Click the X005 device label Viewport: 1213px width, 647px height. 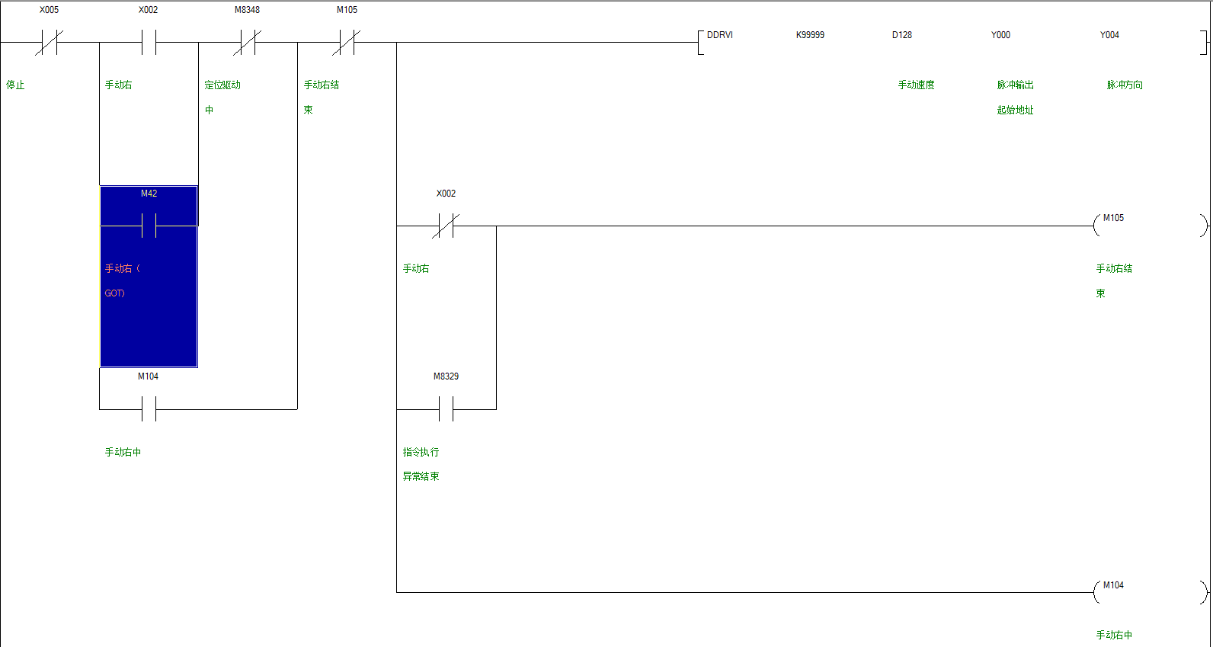(49, 10)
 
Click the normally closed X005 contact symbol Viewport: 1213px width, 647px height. (49, 43)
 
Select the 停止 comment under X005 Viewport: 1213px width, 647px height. (15, 85)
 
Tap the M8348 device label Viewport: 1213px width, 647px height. (247, 10)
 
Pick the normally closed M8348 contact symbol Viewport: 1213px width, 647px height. (247, 43)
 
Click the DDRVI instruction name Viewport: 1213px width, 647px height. (719, 35)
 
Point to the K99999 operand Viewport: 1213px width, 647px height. (810, 35)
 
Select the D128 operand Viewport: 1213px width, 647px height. (902, 35)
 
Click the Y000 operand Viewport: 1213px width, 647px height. (1000, 35)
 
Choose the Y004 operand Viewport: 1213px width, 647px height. (1109, 35)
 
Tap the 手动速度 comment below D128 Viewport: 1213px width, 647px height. (916, 85)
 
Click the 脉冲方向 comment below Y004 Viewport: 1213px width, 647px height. (1125, 85)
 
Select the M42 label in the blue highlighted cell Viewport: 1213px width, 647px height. (149, 194)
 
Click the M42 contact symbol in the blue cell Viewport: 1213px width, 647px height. (149, 226)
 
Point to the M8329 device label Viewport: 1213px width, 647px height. (446, 376)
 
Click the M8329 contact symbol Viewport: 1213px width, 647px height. (446, 409)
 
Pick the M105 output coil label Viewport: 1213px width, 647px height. (1113, 218)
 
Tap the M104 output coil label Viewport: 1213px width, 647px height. (1113, 585)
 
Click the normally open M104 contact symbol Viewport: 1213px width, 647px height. (149, 409)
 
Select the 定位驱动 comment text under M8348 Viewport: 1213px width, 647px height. (222, 85)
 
